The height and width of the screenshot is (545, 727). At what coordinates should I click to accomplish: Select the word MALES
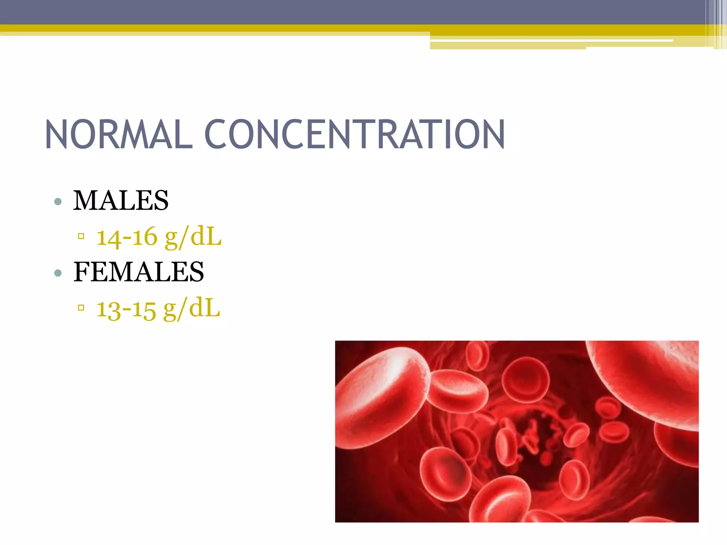[121, 200]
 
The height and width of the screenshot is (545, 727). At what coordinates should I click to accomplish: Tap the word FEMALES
[138, 272]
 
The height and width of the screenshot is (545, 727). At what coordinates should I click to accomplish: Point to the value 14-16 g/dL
[159, 237]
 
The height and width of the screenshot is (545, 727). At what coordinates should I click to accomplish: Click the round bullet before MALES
[58, 202]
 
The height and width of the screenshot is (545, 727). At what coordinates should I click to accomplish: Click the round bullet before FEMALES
[58, 273]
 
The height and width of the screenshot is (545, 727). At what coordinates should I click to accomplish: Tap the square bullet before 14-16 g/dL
[81, 236]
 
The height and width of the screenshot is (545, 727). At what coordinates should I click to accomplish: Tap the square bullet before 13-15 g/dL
[81, 307]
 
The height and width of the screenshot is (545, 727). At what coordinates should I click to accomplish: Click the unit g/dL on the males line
[193, 237]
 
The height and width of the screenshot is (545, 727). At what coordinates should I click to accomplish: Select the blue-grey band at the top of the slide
[319, 12]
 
